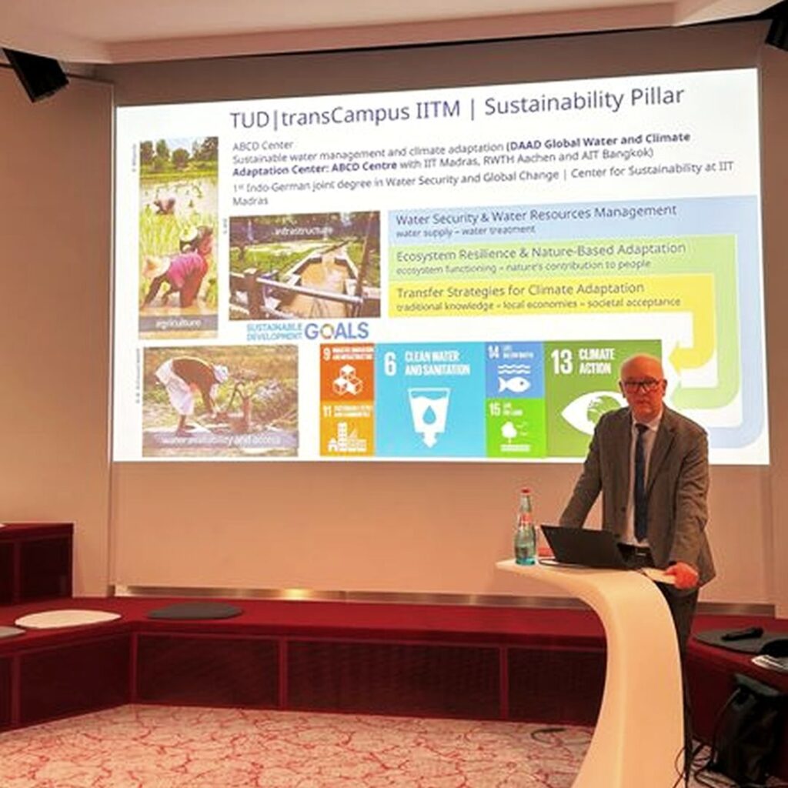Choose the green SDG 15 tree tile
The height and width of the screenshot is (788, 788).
tap(514, 427)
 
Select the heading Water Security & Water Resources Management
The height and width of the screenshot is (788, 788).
tap(536, 211)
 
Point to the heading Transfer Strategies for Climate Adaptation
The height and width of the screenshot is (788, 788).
tap(519, 289)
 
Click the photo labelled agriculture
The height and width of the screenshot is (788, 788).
tap(179, 235)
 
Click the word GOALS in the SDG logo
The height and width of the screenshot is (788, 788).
tap(336, 331)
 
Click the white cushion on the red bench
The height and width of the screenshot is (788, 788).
tap(68, 618)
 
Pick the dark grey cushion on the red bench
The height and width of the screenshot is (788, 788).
tap(194, 611)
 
